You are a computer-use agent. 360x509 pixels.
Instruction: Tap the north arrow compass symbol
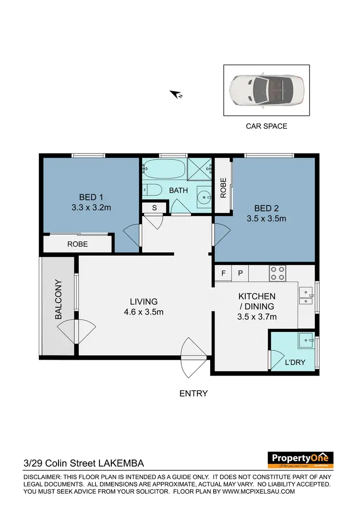tap(176, 95)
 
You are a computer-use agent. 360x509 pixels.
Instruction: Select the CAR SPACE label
tap(266, 126)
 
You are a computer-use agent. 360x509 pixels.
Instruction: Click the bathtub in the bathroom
tap(163, 169)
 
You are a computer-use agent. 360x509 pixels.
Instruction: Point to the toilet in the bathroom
tap(153, 190)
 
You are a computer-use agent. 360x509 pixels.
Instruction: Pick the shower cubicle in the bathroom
tap(200, 169)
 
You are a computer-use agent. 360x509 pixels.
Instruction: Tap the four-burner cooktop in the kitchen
tap(277, 273)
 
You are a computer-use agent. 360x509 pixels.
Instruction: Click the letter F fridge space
tap(223, 273)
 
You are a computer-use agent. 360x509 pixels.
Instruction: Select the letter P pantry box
tap(240, 273)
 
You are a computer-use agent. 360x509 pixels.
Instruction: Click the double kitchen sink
tap(305, 296)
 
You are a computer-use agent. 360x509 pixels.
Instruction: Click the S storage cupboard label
tap(154, 207)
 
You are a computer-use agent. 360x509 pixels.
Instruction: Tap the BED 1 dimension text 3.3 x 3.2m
tap(91, 207)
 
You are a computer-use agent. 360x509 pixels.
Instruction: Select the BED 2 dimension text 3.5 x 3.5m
tap(266, 218)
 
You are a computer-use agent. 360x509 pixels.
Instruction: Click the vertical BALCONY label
tap(58, 300)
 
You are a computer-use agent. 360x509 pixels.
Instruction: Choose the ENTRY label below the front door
tap(193, 393)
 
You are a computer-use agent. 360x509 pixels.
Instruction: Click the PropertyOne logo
tap(300, 459)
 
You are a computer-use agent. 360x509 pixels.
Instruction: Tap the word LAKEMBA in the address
tap(120, 463)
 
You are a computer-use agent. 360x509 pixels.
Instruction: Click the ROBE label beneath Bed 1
tap(77, 244)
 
